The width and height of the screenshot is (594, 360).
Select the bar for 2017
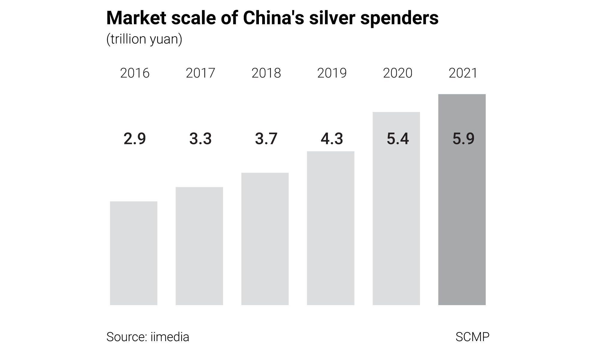point(199,246)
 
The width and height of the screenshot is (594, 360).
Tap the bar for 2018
point(265,239)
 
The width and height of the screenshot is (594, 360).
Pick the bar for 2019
point(331,228)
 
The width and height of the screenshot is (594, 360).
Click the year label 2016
point(135,73)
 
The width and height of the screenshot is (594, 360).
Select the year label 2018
point(266,73)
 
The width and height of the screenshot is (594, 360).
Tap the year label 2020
point(397,73)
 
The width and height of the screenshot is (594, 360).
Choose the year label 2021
point(463,73)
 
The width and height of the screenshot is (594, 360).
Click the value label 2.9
point(135,139)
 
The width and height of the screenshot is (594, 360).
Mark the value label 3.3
point(200,139)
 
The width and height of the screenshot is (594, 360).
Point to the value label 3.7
point(266,139)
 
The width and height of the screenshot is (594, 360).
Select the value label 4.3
point(332,139)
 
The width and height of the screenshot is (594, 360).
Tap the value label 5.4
point(397,139)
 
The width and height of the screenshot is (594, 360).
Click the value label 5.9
point(463,139)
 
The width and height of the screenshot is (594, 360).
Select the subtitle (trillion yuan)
point(144,39)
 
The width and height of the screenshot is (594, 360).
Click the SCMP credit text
point(472,337)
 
